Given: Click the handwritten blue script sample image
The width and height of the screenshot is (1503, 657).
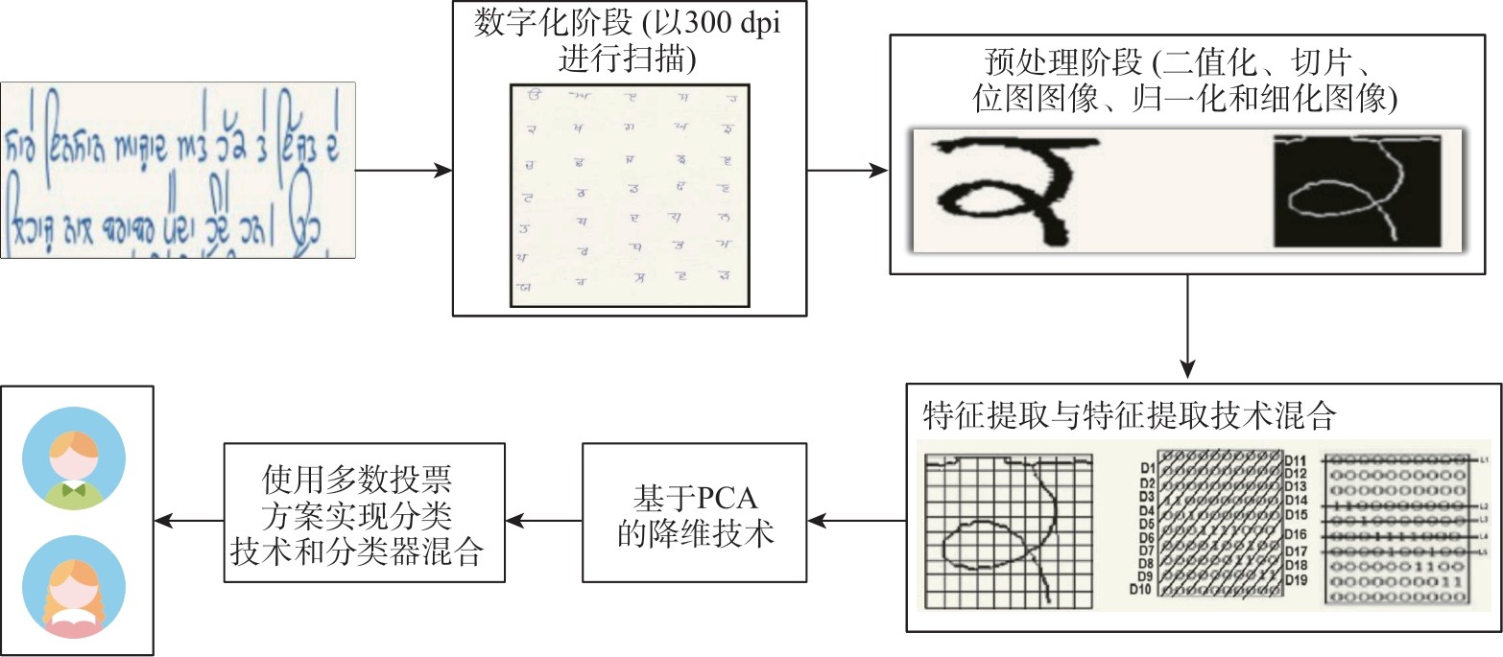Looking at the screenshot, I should [178, 170].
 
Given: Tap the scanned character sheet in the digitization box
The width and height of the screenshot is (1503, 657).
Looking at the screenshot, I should [630, 195].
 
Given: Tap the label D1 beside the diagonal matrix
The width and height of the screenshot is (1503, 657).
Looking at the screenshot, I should [1146, 468].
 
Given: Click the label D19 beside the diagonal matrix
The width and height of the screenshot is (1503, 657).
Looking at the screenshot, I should [1296, 580].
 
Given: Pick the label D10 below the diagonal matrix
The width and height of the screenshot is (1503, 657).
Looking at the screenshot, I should [1142, 590].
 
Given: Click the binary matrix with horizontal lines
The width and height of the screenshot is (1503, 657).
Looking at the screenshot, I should [1396, 528].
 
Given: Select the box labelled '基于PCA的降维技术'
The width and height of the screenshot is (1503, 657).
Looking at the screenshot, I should [695, 512].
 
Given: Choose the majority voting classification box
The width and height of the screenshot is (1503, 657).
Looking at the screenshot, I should [365, 512].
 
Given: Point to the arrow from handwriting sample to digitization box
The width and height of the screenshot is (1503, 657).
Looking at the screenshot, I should [403, 171].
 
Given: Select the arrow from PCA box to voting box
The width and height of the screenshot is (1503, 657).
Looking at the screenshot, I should [543, 521].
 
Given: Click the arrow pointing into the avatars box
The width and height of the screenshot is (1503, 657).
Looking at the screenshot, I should [188, 521].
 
